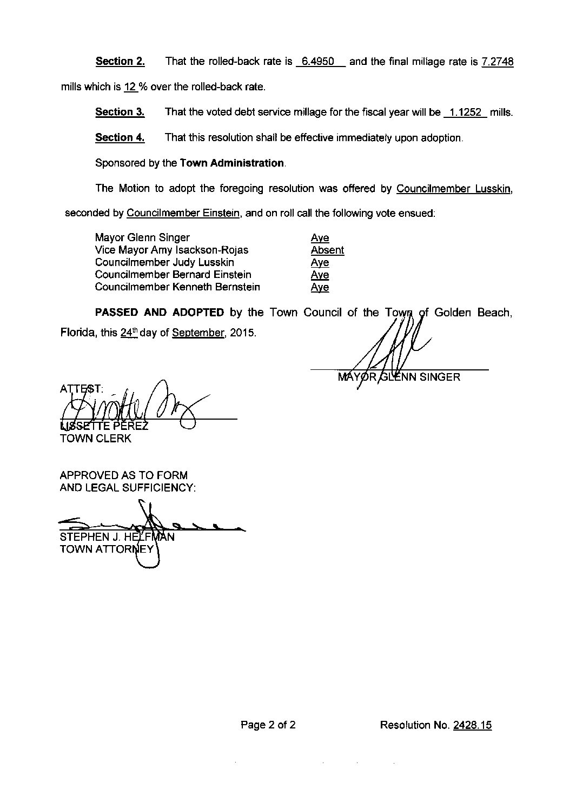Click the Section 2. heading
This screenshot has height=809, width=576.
tap(120, 61)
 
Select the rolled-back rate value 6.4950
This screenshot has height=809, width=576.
tap(317, 62)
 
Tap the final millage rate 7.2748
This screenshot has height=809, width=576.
tap(497, 62)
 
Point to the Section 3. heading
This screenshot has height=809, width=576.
tap(120, 112)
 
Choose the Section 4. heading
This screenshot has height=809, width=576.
tap(120, 137)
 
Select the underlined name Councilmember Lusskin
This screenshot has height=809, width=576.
tap(454, 189)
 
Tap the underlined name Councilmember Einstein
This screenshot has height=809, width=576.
tap(183, 213)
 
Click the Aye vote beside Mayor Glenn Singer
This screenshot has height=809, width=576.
tap(320, 238)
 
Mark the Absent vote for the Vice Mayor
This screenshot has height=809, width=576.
tap(327, 250)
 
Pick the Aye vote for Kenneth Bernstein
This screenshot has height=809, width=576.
tap(320, 288)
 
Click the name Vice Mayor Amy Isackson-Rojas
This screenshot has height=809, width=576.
tap(171, 250)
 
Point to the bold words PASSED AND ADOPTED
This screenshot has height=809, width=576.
tap(159, 312)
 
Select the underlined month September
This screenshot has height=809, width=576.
tap(197, 333)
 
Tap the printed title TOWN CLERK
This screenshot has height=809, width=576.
tap(95, 439)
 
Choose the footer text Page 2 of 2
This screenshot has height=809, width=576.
tap(268, 725)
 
